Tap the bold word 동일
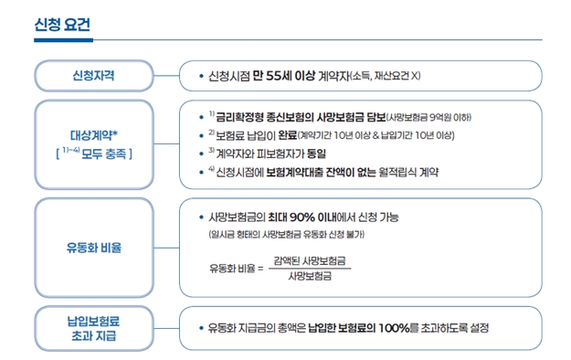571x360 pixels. tap(312, 154)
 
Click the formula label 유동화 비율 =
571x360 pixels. tap(237, 269)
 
